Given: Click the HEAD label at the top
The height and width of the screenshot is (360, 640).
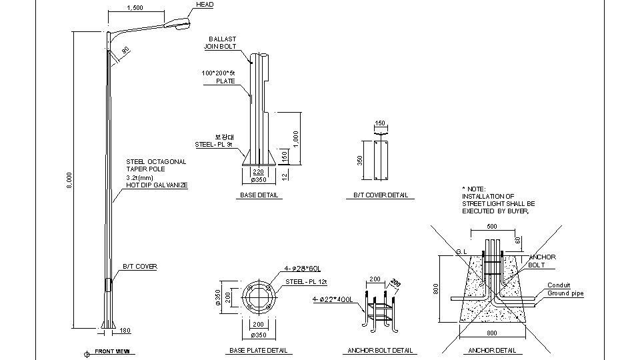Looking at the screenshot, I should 205,5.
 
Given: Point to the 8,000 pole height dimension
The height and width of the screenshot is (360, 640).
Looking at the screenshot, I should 69,180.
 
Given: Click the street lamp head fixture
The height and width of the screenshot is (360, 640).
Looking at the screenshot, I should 180,24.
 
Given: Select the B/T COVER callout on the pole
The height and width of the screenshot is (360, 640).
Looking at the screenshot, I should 139,267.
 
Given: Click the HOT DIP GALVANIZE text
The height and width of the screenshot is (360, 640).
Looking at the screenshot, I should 157,185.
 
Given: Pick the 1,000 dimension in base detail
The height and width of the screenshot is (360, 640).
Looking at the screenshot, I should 295,139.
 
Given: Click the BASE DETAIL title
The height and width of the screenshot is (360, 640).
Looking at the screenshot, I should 259,195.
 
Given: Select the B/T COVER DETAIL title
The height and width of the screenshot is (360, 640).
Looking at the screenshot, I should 381,195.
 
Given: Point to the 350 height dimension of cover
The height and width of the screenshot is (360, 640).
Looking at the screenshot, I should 360,160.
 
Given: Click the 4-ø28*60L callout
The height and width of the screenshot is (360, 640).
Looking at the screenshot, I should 303,269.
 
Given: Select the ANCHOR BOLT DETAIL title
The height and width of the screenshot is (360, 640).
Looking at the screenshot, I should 380,351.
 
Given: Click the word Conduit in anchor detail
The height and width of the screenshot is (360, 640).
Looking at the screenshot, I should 559,285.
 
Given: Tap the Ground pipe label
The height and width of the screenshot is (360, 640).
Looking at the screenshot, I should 565,293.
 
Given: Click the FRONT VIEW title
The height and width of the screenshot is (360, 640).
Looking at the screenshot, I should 112,351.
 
